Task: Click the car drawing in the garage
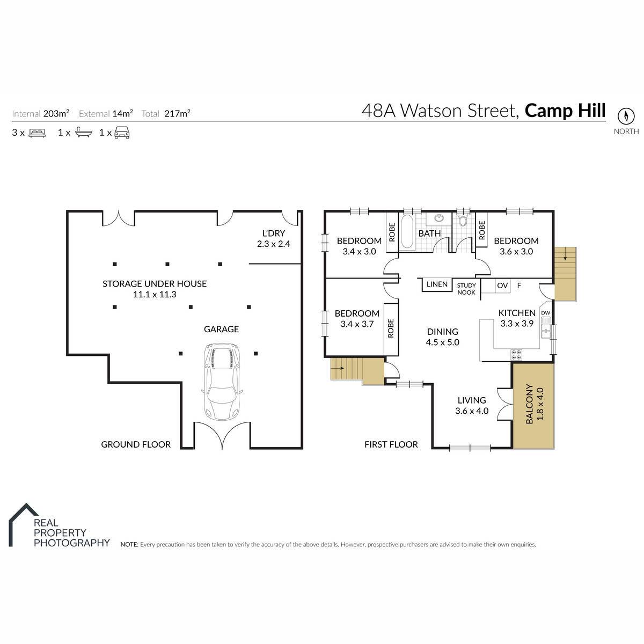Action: tap(222, 382)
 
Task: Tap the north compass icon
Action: tap(625, 116)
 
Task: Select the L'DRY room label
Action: tap(273, 233)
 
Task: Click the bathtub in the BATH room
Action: tap(407, 232)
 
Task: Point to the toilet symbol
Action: tap(463, 220)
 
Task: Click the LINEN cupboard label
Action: tap(437, 284)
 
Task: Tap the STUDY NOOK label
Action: tap(466, 289)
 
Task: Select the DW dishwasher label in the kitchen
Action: tap(545, 313)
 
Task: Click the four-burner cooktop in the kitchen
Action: tap(516, 355)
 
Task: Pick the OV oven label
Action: tap(502, 286)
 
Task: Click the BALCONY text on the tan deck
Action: tap(529, 404)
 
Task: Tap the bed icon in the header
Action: tap(37, 133)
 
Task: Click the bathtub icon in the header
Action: tap(84, 133)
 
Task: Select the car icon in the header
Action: tap(122, 133)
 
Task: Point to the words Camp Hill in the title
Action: tap(565, 111)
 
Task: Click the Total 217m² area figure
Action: tap(166, 114)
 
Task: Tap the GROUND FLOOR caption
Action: tap(136, 444)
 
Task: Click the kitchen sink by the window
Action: tap(546, 331)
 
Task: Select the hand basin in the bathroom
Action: tap(439, 218)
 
